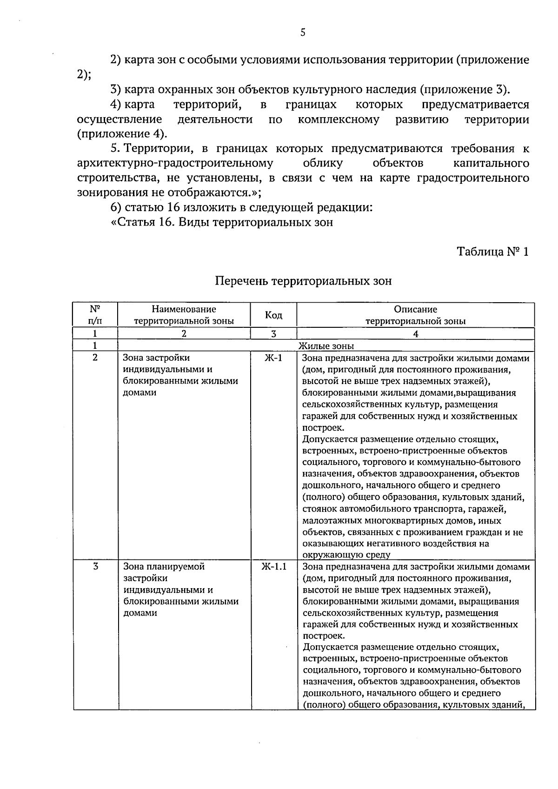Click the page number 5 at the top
[x=303, y=32]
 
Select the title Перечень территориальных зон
[x=303, y=281]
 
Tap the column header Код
[x=273, y=315]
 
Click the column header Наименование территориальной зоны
[x=184, y=315]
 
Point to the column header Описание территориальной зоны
[x=415, y=315]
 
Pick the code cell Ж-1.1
[x=273, y=567]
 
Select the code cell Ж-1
[x=273, y=358]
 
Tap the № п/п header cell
[x=95, y=315]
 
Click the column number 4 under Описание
[x=416, y=334]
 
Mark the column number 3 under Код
[x=273, y=334]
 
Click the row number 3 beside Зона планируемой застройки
[x=95, y=567]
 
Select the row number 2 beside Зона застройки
[x=95, y=358]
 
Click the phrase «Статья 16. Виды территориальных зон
[x=222, y=222]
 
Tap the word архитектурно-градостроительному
[x=175, y=163]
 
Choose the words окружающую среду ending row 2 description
[x=346, y=554]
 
